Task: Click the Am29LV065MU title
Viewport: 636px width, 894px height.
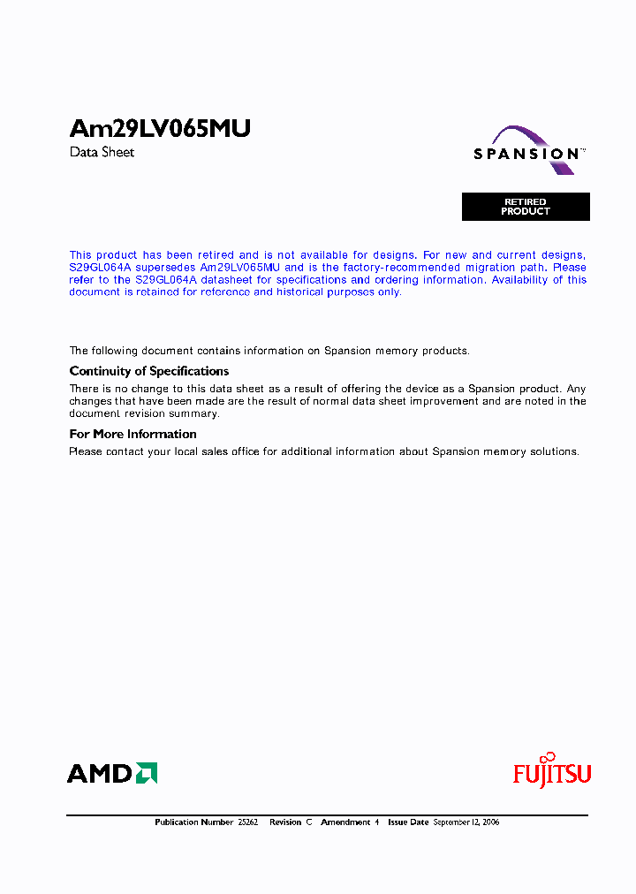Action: point(160,129)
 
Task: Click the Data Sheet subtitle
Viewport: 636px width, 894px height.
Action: point(102,152)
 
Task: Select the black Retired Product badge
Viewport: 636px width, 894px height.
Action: point(526,207)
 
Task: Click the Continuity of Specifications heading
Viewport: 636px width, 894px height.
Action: point(148,371)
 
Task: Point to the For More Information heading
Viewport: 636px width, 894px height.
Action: point(132,434)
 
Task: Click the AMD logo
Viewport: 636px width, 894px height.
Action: point(112,774)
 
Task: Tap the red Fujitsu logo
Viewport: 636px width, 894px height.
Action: point(552,772)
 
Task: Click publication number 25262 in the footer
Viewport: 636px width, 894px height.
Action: point(248,822)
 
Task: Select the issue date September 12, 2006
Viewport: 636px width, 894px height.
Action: point(466,822)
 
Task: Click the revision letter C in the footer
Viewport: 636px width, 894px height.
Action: point(309,822)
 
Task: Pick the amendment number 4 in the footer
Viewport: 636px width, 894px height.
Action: point(376,822)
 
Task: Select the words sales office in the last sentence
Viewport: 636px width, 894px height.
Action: point(225,451)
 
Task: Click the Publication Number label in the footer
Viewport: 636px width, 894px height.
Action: point(193,822)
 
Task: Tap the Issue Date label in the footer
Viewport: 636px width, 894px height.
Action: point(407,822)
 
